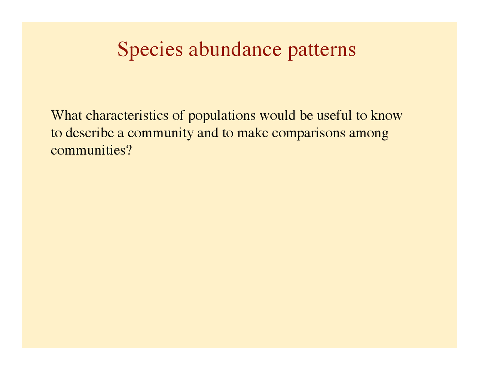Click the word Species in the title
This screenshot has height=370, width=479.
pyautogui.click(x=150, y=50)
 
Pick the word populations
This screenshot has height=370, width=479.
pyautogui.click(x=222, y=116)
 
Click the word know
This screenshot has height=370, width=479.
pyautogui.click(x=387, y=115)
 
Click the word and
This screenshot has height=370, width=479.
pyautogui.click(x=208, y=133)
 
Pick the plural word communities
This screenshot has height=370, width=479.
pyautogui.click(x=88, y=151)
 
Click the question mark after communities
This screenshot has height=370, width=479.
pyautogui.click(x=130, y=151)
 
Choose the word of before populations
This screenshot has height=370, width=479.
pyautogui.click(x=178, y=115)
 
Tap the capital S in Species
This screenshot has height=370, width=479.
pyautogui.click(x=122, y=49)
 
